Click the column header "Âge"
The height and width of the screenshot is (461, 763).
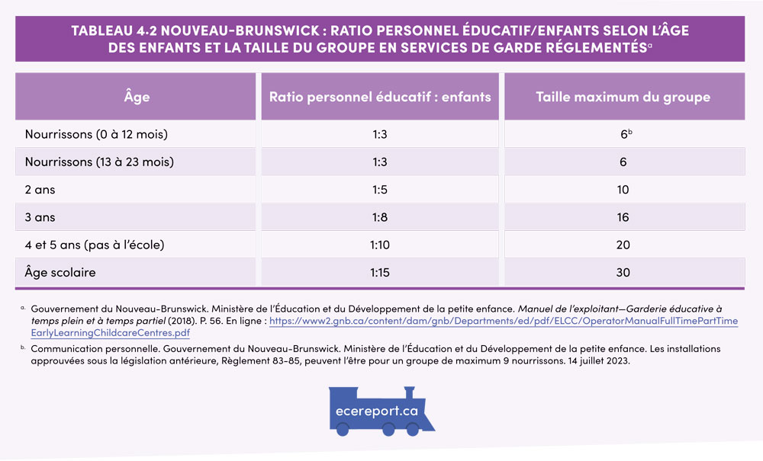point(137,97)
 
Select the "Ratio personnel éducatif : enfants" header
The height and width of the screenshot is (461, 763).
point(380,97)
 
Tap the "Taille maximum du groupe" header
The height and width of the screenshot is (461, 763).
point(623,97)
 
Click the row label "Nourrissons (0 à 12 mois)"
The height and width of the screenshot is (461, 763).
point(96,135)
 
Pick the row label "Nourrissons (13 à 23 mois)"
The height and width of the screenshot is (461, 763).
point(99,162)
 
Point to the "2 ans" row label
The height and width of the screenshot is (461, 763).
point(40,190)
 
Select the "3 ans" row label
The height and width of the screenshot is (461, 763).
point(40,217)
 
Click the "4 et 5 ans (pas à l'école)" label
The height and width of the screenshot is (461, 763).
point(95,245)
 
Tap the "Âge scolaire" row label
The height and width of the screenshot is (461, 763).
point(60,272)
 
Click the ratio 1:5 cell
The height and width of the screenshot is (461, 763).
point(380,190)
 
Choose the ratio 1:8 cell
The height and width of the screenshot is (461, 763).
point(380,217)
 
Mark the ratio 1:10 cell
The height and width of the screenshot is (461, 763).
point(380,245)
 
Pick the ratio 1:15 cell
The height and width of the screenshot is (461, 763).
point(380,272)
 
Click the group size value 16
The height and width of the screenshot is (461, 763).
point(623,217)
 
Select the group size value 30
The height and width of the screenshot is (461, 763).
point(623,272)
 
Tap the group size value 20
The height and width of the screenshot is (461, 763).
point(623,245)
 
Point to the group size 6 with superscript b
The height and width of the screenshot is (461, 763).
point(624,135)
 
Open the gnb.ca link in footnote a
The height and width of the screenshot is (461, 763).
point(504,322)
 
